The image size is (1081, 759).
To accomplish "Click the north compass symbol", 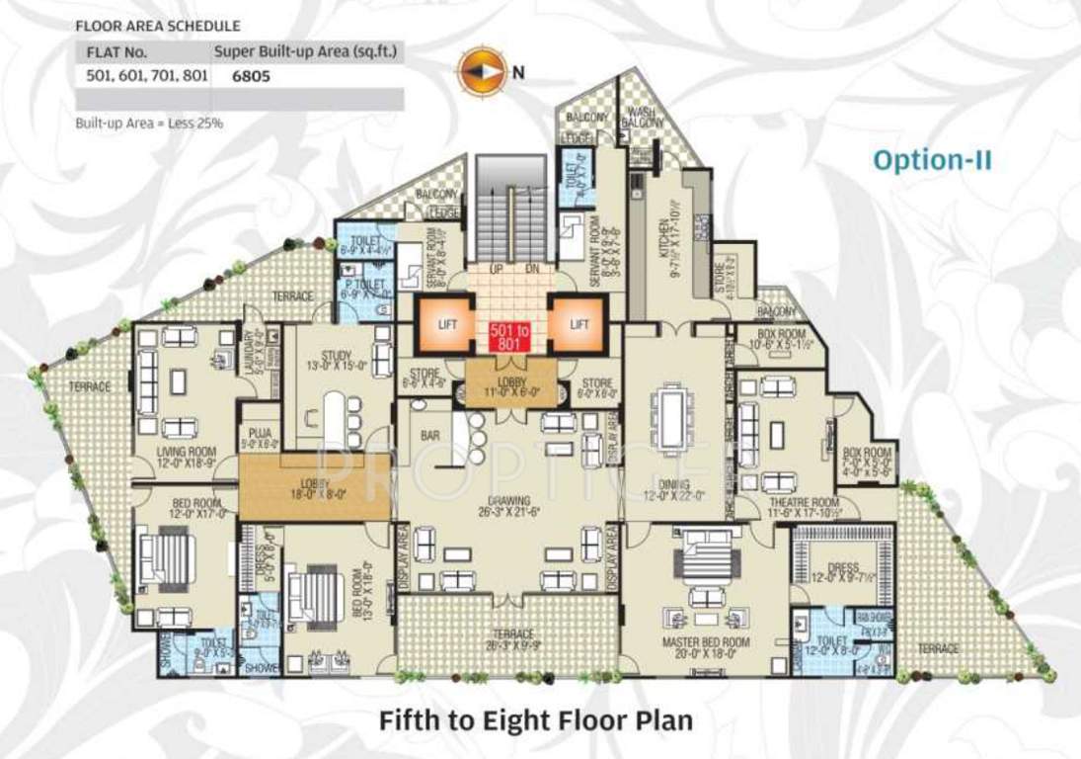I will coord(477,71).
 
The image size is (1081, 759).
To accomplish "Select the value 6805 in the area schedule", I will coord(253,74).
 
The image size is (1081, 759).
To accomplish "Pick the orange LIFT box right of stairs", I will coord(578,323).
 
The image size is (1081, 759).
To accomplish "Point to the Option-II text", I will coord(932,159).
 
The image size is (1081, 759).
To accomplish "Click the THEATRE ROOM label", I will coord(811,503).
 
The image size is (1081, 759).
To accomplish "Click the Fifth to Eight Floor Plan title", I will coord(535,719).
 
